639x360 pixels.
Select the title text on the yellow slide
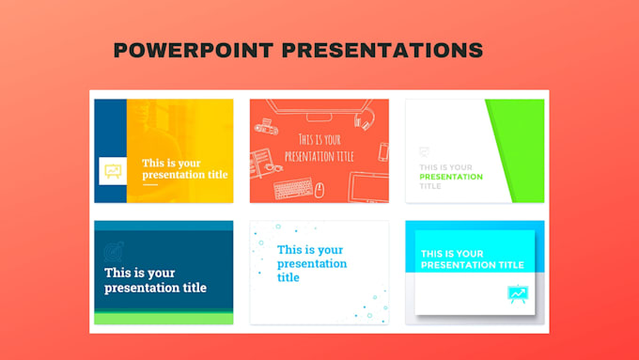pyautogui.click(x=184, y=169)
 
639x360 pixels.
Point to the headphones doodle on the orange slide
pyautogui.click(x=366, y=119)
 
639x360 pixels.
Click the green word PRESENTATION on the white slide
pyautogui.click(x=451, y=177)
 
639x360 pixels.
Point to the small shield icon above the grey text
pyautogui.click(x=425, y=150)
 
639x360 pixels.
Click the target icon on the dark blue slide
pyautogui.click(x=114, y=252)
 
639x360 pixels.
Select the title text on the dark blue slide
pyautogui.click(x=155, y=280)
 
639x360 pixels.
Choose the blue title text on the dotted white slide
pyautogui.click(x=311, y=263)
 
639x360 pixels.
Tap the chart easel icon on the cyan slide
pyautogui.click(x=517, y=295)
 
